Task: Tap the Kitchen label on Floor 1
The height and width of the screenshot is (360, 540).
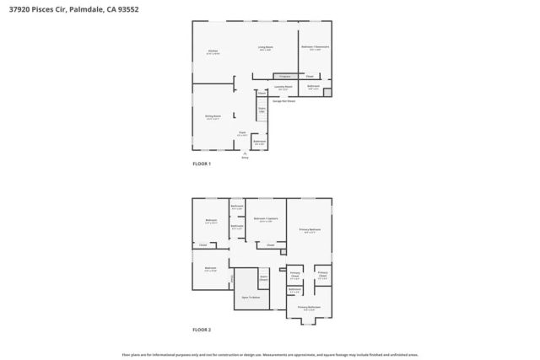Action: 213,51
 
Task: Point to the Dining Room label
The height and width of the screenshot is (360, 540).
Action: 213,116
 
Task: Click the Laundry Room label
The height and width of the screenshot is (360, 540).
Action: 283,87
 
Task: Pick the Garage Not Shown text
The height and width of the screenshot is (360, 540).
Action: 283,100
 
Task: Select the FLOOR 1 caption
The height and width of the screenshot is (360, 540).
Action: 202,164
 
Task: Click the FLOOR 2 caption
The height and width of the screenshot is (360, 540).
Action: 202,329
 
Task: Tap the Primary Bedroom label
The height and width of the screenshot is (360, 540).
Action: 310,229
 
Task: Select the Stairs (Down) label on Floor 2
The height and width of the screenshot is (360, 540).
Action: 263,277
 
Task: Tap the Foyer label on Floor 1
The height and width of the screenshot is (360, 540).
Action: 241,133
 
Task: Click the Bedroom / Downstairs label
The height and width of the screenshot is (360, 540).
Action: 315,49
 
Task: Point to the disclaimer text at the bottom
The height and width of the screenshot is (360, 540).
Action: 270,354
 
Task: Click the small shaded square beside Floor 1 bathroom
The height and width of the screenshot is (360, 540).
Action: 327,92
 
